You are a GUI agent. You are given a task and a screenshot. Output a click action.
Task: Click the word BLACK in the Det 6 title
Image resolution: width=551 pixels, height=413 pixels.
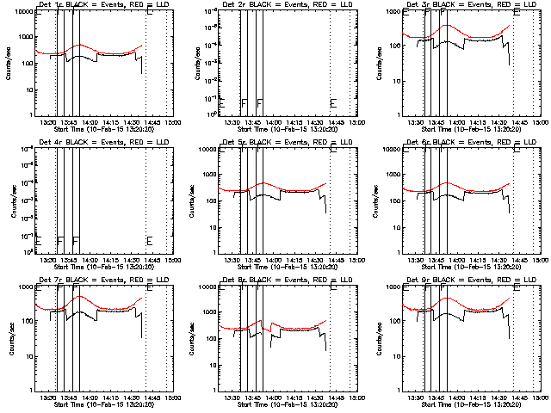coord(448,141)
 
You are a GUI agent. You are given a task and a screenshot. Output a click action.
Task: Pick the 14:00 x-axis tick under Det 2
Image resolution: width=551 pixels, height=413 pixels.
coord(275,122)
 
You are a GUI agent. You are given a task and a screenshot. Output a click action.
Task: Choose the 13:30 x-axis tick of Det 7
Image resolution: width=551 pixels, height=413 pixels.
coord(48,398)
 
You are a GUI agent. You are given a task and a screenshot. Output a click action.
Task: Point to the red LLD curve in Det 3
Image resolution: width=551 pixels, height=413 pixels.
coord(448,26)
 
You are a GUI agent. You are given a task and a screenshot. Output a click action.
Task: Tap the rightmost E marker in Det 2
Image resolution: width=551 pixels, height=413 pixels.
coord(333,103)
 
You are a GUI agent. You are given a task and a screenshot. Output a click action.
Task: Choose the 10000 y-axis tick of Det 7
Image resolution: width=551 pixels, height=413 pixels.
coord(25,286)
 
